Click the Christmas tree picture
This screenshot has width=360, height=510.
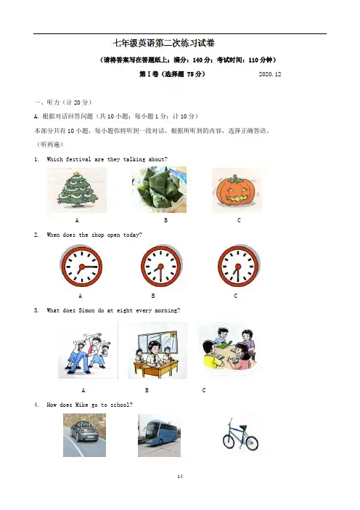(x=77, y=190)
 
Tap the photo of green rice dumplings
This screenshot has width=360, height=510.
(x=159, y=190)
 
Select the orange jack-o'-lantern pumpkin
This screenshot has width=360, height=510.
(x=237, y=190)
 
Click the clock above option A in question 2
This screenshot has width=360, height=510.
(x=81, y=266)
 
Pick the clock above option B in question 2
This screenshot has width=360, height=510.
(x=161, y=266)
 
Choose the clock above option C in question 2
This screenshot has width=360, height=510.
(x=239, y=266)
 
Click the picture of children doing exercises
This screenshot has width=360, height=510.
(x=88, y=350)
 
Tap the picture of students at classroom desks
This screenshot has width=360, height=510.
(x=157, y=350)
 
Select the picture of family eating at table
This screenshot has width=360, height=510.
(x=229, y=349)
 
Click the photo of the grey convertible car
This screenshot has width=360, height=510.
(x=84, y=435)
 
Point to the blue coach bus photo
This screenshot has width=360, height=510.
(x=159, y=435)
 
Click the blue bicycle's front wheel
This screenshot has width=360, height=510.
(x=252, y=444)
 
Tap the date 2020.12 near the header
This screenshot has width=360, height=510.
(x=270, y=74)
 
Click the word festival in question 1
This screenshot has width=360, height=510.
(x=78, y=159)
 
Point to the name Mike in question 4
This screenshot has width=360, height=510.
(x=81, y=405)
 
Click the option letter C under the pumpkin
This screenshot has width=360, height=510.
(x=239, y=221)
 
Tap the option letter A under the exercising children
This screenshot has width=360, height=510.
(x=83, y=390)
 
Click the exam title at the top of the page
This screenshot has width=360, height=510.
(x=163, y=44)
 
